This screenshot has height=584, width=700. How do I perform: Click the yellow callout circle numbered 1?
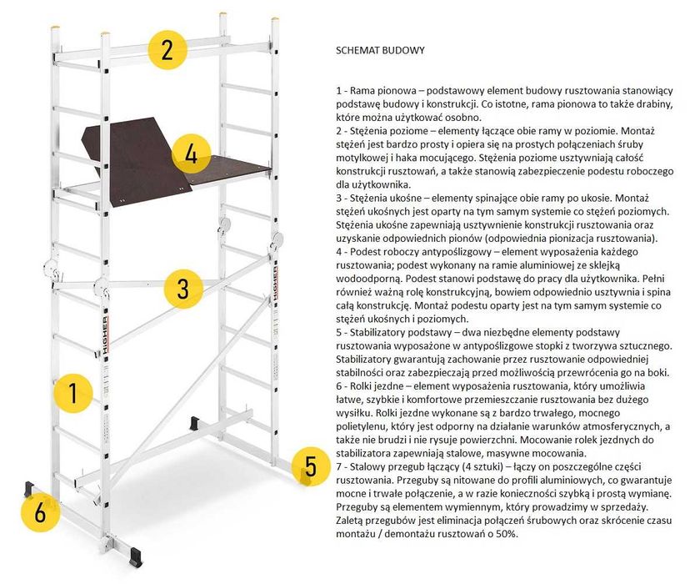tap(72, 392)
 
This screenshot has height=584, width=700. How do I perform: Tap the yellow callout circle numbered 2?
tap(167, 48)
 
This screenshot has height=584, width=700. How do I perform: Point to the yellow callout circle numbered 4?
tap(192, 154)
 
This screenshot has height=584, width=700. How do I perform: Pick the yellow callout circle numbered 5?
tap(310, 465)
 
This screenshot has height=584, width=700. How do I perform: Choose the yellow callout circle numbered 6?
tap(39, 511)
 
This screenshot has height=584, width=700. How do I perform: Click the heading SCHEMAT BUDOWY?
tap(380, 50)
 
